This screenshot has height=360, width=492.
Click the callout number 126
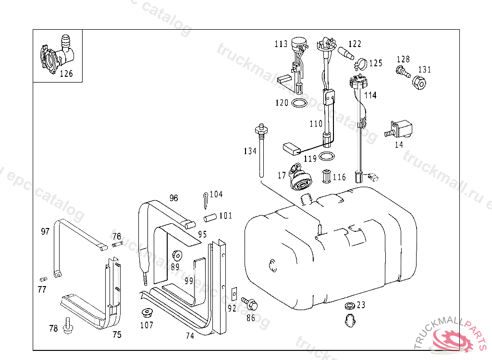pos(66,73)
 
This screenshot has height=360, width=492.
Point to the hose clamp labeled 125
pos(361,63)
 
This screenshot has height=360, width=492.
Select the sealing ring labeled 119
pos(327,156)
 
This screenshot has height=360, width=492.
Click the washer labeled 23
pos(349,306)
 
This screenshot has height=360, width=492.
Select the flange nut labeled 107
pos(146,313)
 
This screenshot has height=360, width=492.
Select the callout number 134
pos(250,151)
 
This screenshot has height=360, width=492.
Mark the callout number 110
pos(316,124)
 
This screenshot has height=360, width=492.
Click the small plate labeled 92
pos(234,292)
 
